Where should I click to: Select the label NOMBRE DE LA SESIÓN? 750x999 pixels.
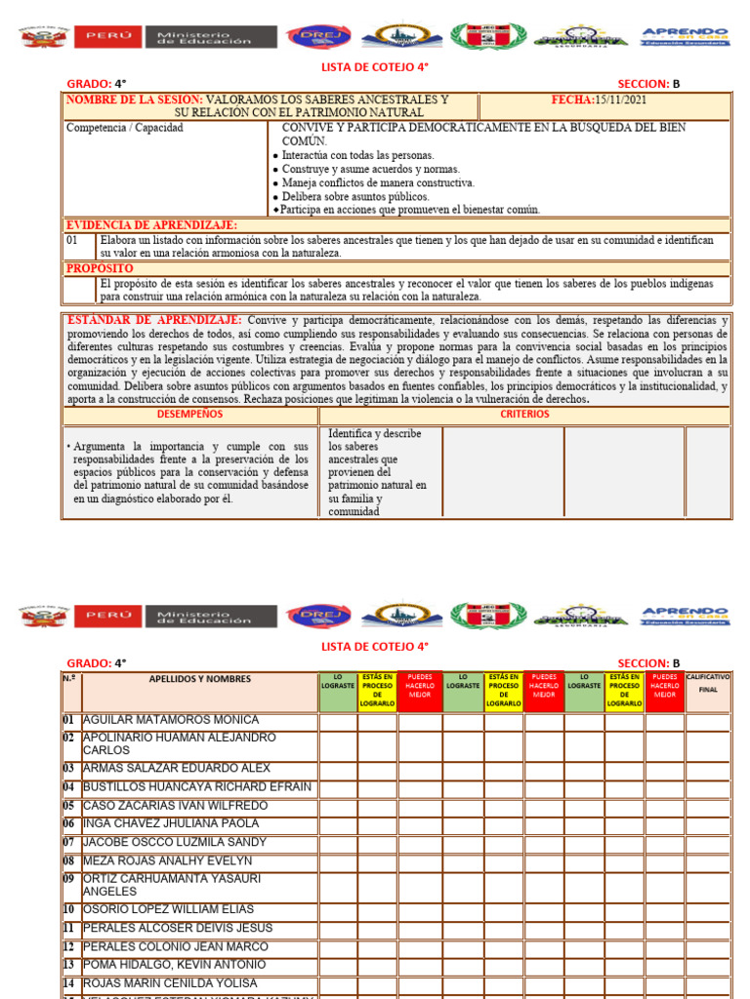(134, 100)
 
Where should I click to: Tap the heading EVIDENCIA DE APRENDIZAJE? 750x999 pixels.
(138, 225)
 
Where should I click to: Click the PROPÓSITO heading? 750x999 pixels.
(99, 268)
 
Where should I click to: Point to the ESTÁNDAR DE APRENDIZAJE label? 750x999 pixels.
(154, 320)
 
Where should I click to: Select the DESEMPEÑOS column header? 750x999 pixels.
(189, 414)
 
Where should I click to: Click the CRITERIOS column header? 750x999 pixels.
(524, 414)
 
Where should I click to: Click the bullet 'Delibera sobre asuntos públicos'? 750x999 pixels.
(355, 196)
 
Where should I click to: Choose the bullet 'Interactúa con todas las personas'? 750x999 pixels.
(357, 155)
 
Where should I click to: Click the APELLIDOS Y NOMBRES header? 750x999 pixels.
(199, 679)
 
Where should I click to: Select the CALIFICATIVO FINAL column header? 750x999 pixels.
(708, 682)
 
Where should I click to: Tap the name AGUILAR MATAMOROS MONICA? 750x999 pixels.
(171, 720)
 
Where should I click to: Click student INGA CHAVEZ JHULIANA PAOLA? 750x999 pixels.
(171, 824)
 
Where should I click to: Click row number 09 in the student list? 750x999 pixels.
(69, 879)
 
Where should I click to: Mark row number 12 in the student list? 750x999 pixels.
(69, 947)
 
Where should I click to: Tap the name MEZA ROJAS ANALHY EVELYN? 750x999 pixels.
(167, 861)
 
